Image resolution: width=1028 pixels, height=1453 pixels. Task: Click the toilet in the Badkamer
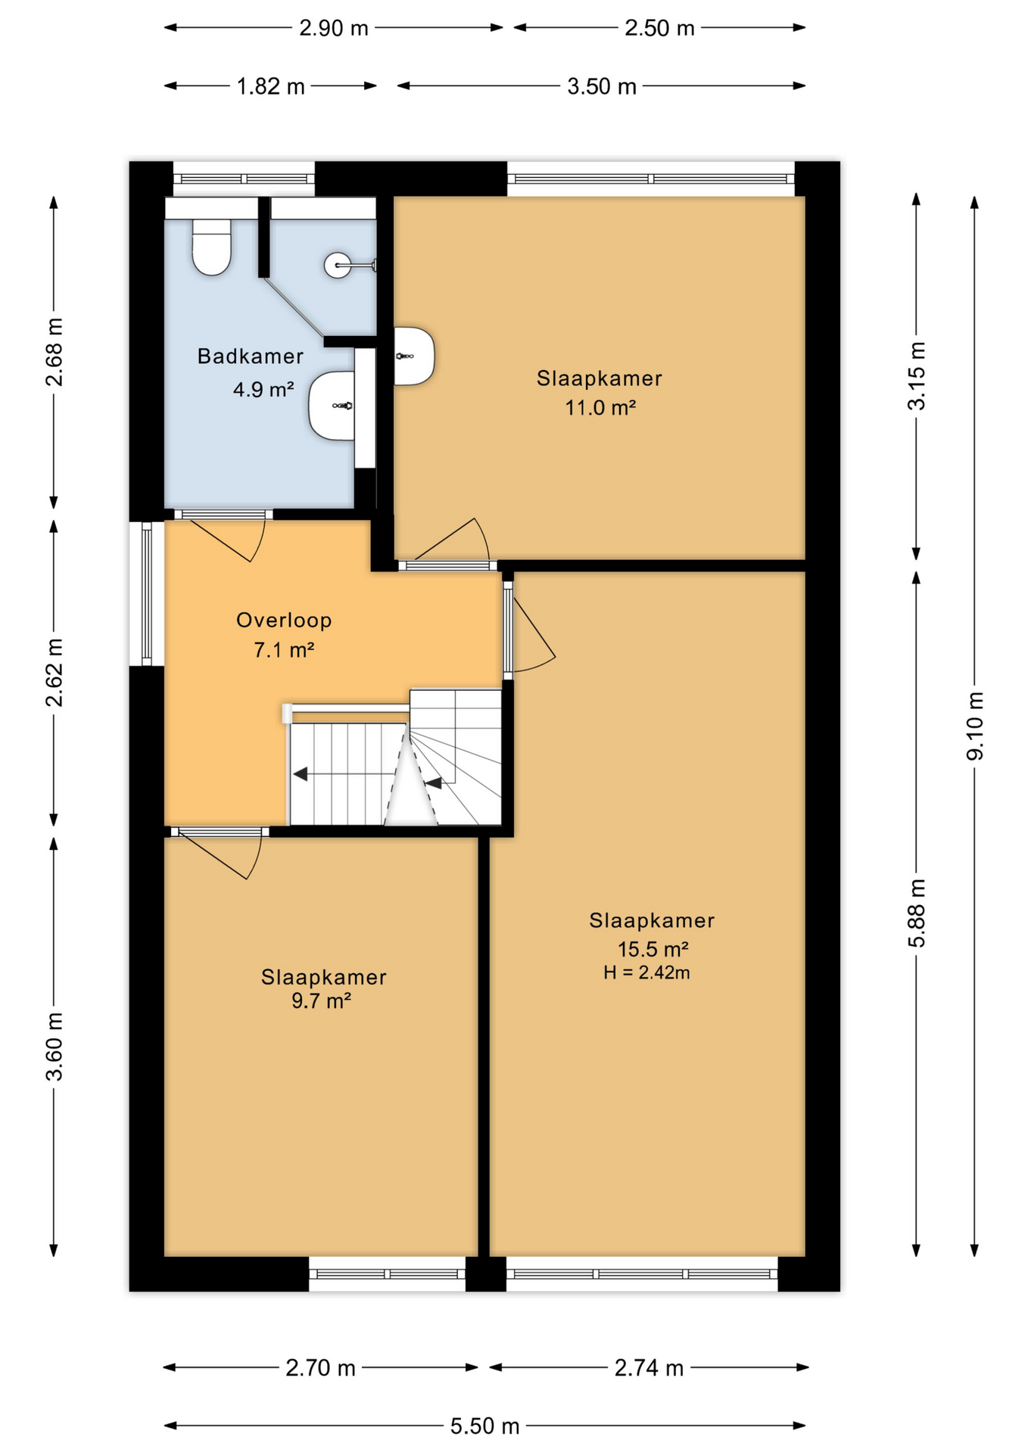[211, 247]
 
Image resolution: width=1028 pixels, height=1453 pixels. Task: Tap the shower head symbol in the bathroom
[338, 265]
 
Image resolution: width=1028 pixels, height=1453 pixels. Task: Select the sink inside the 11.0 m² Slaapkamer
[413, 356]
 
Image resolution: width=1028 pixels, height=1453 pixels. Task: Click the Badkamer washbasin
[332, 406]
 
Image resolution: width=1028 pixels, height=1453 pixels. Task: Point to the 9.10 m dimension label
[974, 725]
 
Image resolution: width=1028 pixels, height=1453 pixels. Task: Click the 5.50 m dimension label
[484, 1426]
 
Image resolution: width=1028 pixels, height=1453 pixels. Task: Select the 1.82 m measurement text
[270, 86]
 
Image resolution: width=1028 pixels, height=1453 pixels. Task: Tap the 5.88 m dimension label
[916, 913]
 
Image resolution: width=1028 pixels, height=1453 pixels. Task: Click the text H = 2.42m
[646, 973]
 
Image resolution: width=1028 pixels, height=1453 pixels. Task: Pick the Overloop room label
[284, 621]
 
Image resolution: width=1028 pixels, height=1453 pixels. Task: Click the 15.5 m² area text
[653, 949]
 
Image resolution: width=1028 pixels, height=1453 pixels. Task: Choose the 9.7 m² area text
[321, 1001]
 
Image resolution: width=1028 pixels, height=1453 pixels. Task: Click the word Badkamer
[250, 356]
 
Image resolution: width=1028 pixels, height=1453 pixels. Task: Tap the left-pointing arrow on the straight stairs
[301, 774]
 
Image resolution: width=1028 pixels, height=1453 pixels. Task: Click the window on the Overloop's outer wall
[146, 593]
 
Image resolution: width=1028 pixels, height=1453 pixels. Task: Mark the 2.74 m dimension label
[649, 1367]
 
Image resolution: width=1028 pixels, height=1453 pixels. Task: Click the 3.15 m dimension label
[916, 376]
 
